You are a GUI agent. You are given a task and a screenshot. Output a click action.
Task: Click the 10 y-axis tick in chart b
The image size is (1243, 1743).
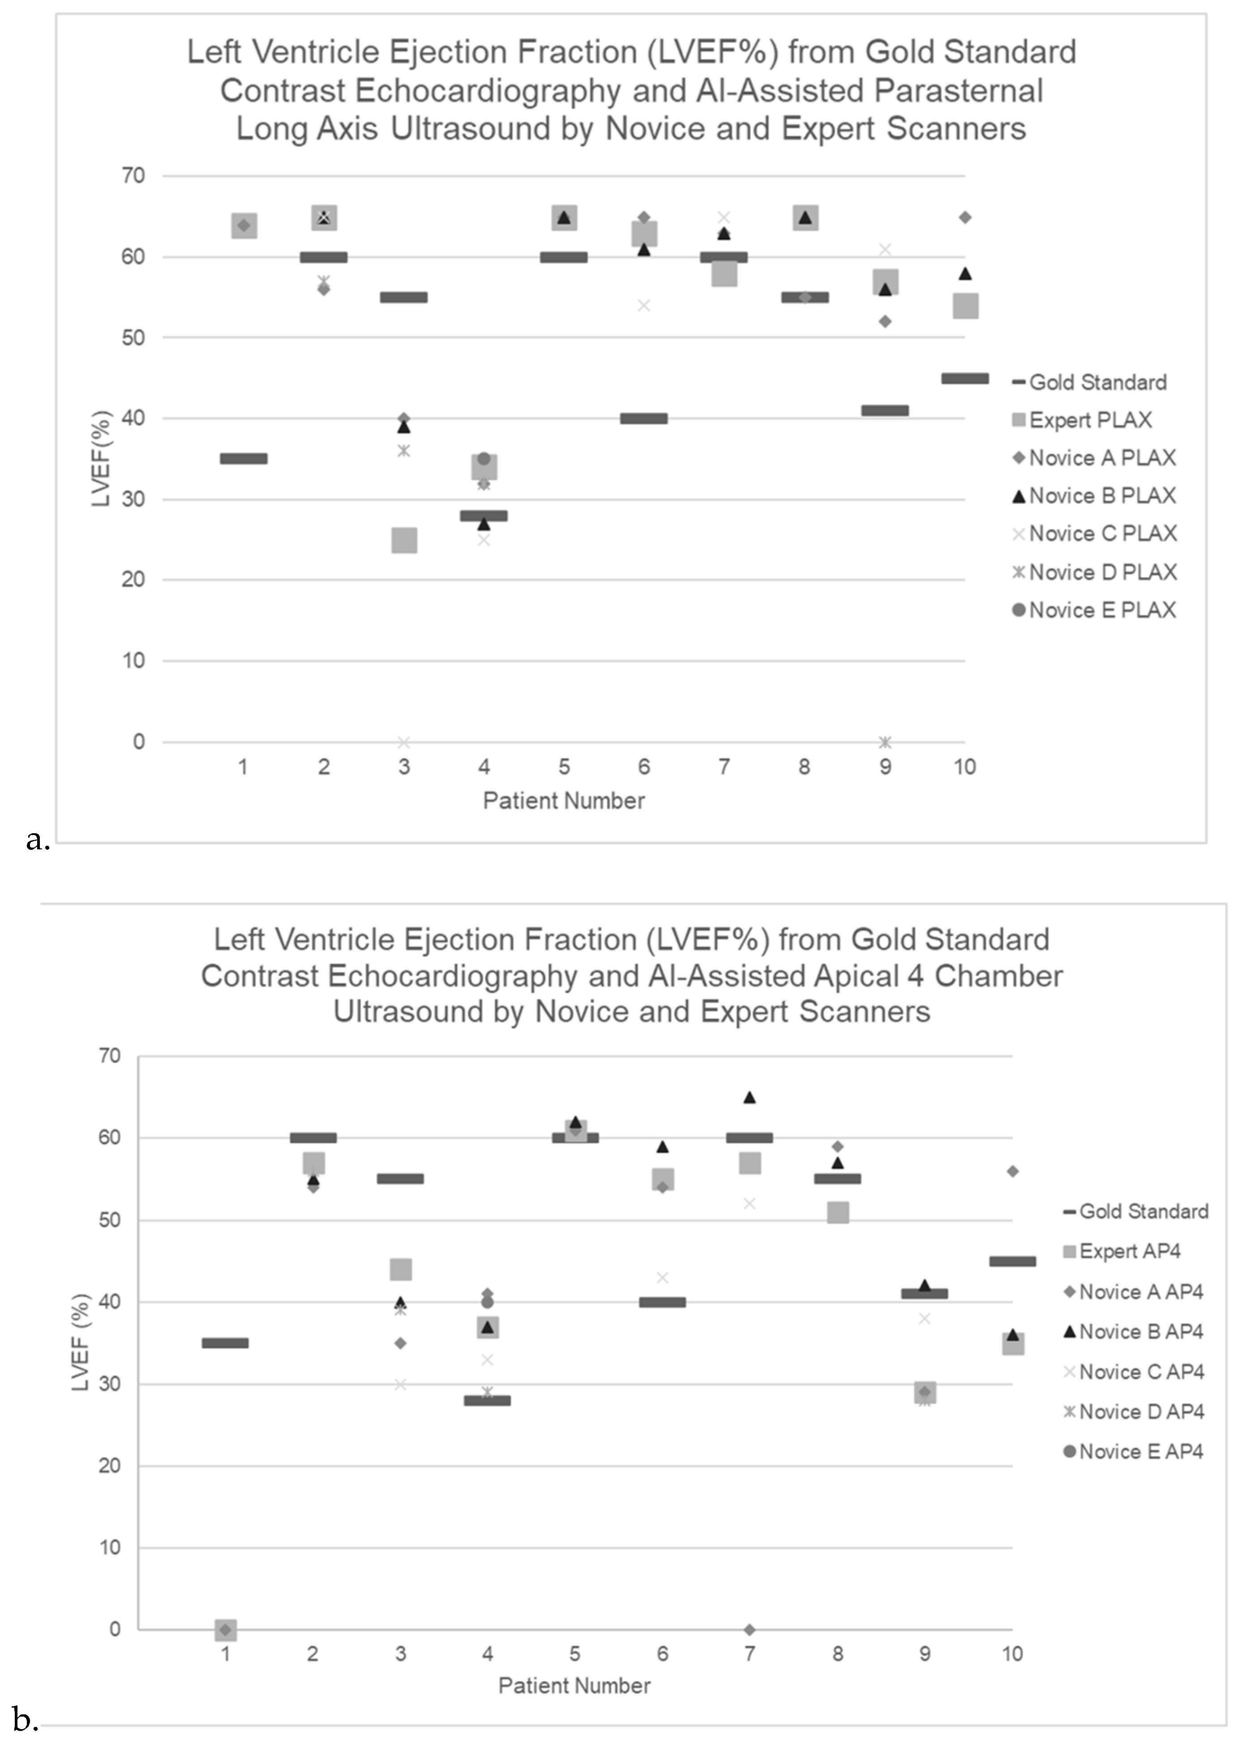tap(110, 1547)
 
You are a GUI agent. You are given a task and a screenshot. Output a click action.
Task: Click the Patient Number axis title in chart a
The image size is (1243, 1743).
tap(564, 801)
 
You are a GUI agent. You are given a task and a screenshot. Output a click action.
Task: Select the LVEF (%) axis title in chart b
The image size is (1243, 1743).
tap(81, 1342)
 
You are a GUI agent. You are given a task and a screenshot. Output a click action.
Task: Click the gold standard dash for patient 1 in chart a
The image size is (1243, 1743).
tap(243, 458)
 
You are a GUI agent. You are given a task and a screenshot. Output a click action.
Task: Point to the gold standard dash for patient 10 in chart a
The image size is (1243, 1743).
tap(965, 378)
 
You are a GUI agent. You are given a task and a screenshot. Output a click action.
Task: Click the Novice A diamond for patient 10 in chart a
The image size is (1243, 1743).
tap(965, 218)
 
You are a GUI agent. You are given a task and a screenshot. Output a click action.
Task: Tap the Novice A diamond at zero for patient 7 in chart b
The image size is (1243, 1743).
tap(749, 1630)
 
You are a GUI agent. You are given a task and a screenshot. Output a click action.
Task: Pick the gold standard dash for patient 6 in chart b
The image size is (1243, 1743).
tap(662, 1302)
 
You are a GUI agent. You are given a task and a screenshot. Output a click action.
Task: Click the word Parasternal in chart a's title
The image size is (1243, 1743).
tap(958, 90)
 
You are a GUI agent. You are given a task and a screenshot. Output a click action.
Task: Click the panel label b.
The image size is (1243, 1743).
tap(25, 1720)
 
